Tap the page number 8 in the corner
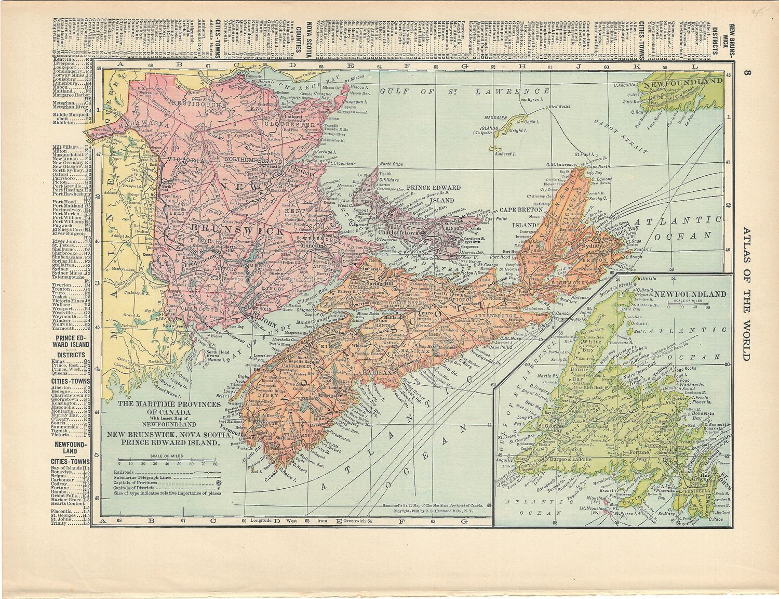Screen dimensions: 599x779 tap(746, 73)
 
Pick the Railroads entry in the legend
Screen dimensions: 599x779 tap(124, 472)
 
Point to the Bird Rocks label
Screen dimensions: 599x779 tap(560, 107)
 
